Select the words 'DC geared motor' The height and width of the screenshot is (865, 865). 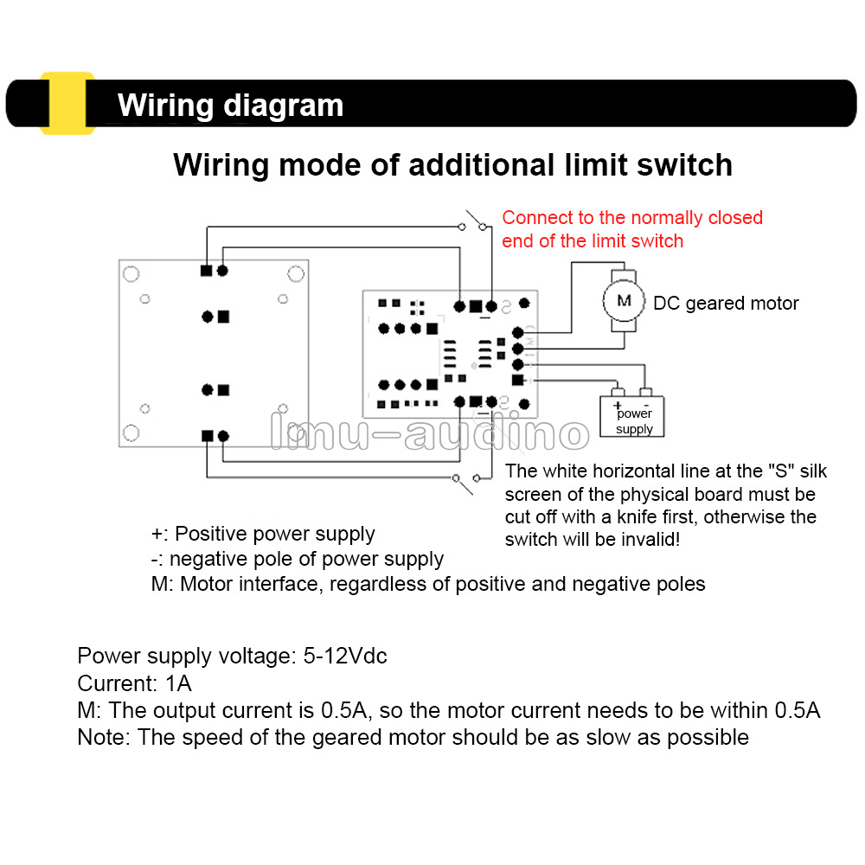click(x=726, y=304)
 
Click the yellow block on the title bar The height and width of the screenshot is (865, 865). click(x=67, y=104)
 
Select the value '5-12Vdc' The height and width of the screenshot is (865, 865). click(x=345, y=657)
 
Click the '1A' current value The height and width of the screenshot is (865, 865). click(x=178, y=684)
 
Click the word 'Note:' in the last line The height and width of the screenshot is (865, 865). click(x=105, y=738)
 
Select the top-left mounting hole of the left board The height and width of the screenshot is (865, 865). click(x=131, y=274)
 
